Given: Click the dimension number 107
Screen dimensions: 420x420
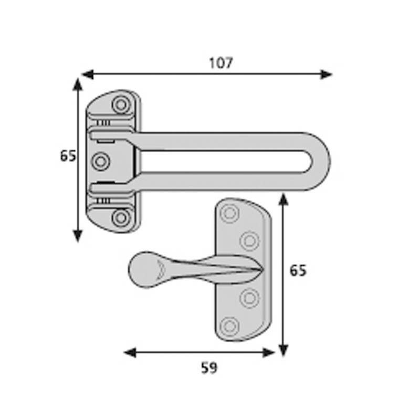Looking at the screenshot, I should click(220, 63).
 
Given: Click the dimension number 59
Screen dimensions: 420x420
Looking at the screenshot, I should click(209, 368).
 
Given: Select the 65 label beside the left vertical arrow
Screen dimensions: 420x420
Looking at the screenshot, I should click(68, 156).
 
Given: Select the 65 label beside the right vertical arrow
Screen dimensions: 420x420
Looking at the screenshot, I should click(298, 271).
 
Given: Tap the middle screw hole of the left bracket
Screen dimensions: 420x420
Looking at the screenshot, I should click(101, 161).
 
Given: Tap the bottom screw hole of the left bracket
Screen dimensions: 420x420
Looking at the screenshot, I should click(121, 217).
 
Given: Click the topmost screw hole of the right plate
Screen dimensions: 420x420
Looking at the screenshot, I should click(229, 213).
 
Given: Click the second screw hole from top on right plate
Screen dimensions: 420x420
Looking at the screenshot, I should click(249, 241).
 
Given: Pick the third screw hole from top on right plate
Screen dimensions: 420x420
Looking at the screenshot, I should click(249, 298).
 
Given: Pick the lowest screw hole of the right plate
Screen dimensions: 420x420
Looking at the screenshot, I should click(229, 326).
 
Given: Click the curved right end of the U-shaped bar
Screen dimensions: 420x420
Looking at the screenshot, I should click(323, 161).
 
